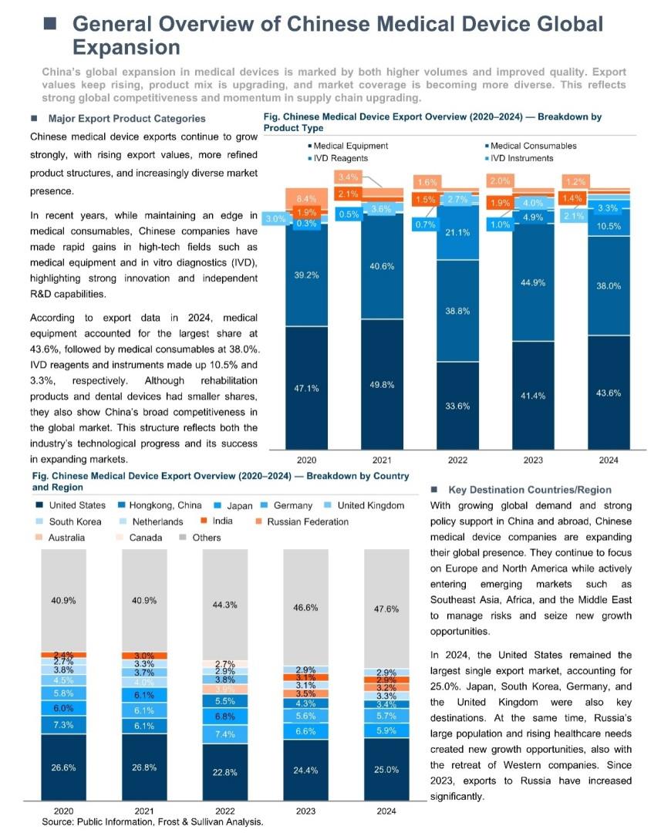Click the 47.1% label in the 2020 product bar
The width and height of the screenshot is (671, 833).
tap(306, 388)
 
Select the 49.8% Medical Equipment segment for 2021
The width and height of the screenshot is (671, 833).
tap(383, 383)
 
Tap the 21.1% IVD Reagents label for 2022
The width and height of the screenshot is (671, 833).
tap(458, 232)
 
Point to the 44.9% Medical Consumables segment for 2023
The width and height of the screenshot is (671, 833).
tap(533, 282)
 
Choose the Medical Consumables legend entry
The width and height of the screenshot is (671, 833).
tap(533, 146)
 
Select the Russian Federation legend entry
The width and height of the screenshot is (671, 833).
tap(308, 522)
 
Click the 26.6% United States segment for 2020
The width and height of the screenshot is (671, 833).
tap(62, 767)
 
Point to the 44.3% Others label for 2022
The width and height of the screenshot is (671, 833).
tap(224, 605)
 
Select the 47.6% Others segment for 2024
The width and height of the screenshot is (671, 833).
tap(386, 609)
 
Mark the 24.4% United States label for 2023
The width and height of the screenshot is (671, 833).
tap(305, 769)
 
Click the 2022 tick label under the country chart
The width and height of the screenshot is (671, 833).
tap(224, 811)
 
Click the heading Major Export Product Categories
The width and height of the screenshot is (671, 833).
tap(126, 119)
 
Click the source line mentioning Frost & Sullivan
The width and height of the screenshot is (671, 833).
tap(152, 822)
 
